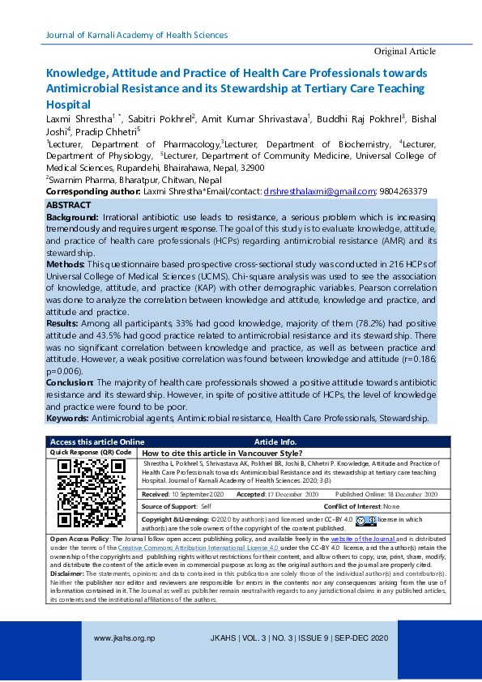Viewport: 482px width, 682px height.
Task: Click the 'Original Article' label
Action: tap(404, 51)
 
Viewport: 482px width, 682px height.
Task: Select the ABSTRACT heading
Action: tap(69, 206)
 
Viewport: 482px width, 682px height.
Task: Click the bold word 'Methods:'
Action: tap(65, 264)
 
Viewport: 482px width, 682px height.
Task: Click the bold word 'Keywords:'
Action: tap(67, 418)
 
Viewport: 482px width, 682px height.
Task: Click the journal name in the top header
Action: tap(137, 35)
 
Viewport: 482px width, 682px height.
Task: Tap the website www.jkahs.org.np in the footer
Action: tap(125, 638)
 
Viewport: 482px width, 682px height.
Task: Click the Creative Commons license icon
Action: tap(365, 519)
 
